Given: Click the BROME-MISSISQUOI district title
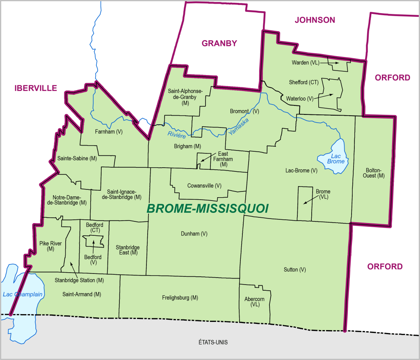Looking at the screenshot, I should pos(207,209).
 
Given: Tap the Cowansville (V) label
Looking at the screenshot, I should pos(204,185).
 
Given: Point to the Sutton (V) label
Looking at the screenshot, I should pos(295,269).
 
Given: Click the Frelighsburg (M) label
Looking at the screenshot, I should pos(180,298).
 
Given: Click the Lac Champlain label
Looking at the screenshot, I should pos(23,294).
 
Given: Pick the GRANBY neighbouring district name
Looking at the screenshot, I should pos(219,43).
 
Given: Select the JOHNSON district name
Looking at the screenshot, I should pos(315,20).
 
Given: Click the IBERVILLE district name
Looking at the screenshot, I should pos(36,88).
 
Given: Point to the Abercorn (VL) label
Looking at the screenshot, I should pos(254,302).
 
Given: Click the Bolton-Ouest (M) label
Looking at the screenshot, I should pos(374,173).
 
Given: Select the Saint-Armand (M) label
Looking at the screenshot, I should pos(82,294).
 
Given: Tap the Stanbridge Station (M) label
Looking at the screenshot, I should pos(80,280).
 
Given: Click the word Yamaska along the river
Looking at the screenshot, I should pos(238,123).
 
